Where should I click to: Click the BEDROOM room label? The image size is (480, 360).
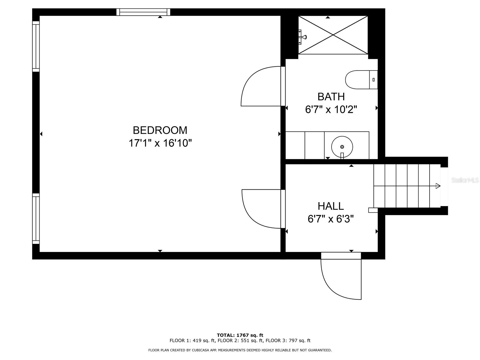160,130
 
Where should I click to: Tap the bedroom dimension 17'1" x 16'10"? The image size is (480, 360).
160,143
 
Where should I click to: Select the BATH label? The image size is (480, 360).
331,97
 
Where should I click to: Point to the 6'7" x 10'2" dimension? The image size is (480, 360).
331,109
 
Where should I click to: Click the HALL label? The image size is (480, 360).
331,206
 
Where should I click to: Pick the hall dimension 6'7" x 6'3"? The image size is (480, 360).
331,219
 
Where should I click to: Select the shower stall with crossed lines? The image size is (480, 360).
333,35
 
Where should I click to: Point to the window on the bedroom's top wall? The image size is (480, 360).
143,12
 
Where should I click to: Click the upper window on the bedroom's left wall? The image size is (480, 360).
36,46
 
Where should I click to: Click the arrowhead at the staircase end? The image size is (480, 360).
438,186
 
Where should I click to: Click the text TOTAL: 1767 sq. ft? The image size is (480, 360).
240,335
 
